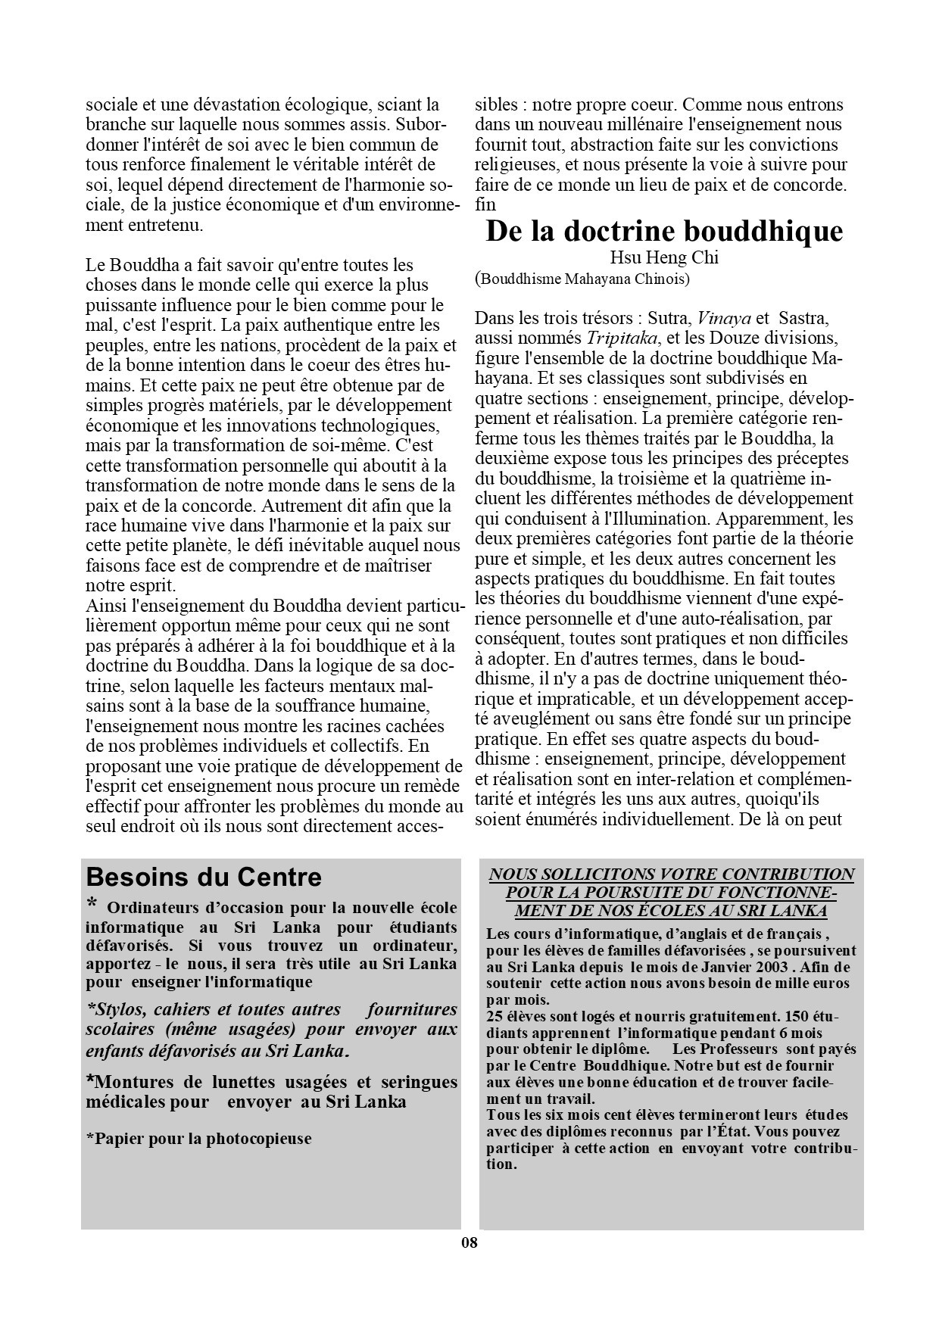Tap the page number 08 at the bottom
(469, 1242)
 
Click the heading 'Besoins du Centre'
(204, 877)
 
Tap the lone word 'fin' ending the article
(485, 204)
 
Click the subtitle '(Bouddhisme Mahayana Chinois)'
(582, 279)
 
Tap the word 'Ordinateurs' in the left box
(157, 909)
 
